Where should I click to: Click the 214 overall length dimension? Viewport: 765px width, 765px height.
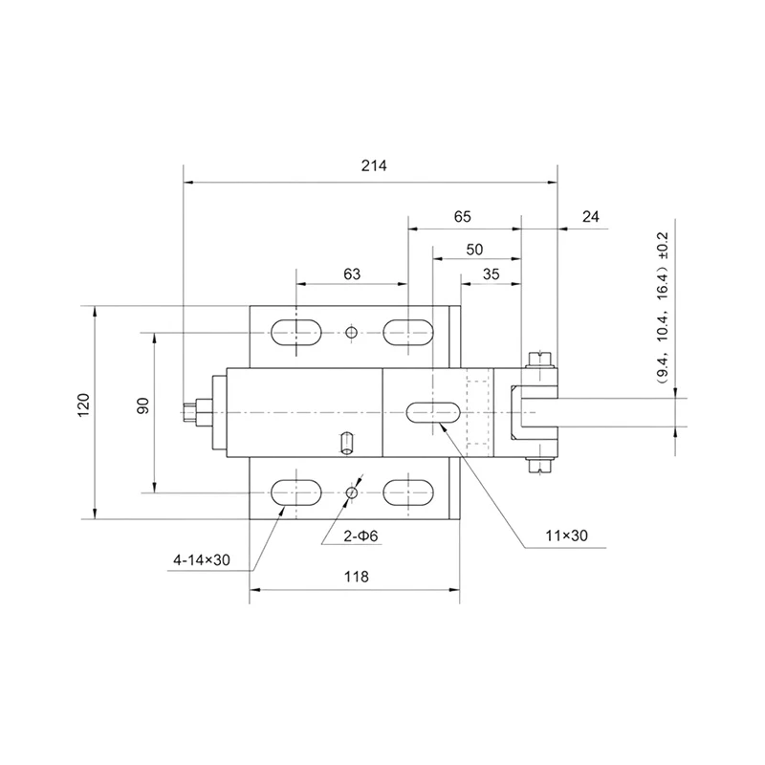coord(374,165)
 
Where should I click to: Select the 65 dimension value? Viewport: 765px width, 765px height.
coord(463,217)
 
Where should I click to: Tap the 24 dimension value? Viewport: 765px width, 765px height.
coord(590,217)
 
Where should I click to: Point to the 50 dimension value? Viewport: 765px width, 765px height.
coord(474,250)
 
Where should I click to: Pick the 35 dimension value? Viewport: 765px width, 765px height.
coord(491,274)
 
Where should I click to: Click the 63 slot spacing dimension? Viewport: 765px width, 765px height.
coord(352,274)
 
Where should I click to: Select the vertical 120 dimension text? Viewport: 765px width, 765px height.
coord(84,404)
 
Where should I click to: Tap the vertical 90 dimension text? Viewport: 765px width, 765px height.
coord(142,405)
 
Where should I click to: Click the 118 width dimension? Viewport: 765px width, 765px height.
coord(356,577)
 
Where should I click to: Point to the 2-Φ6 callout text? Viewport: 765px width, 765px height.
coord(361,536)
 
